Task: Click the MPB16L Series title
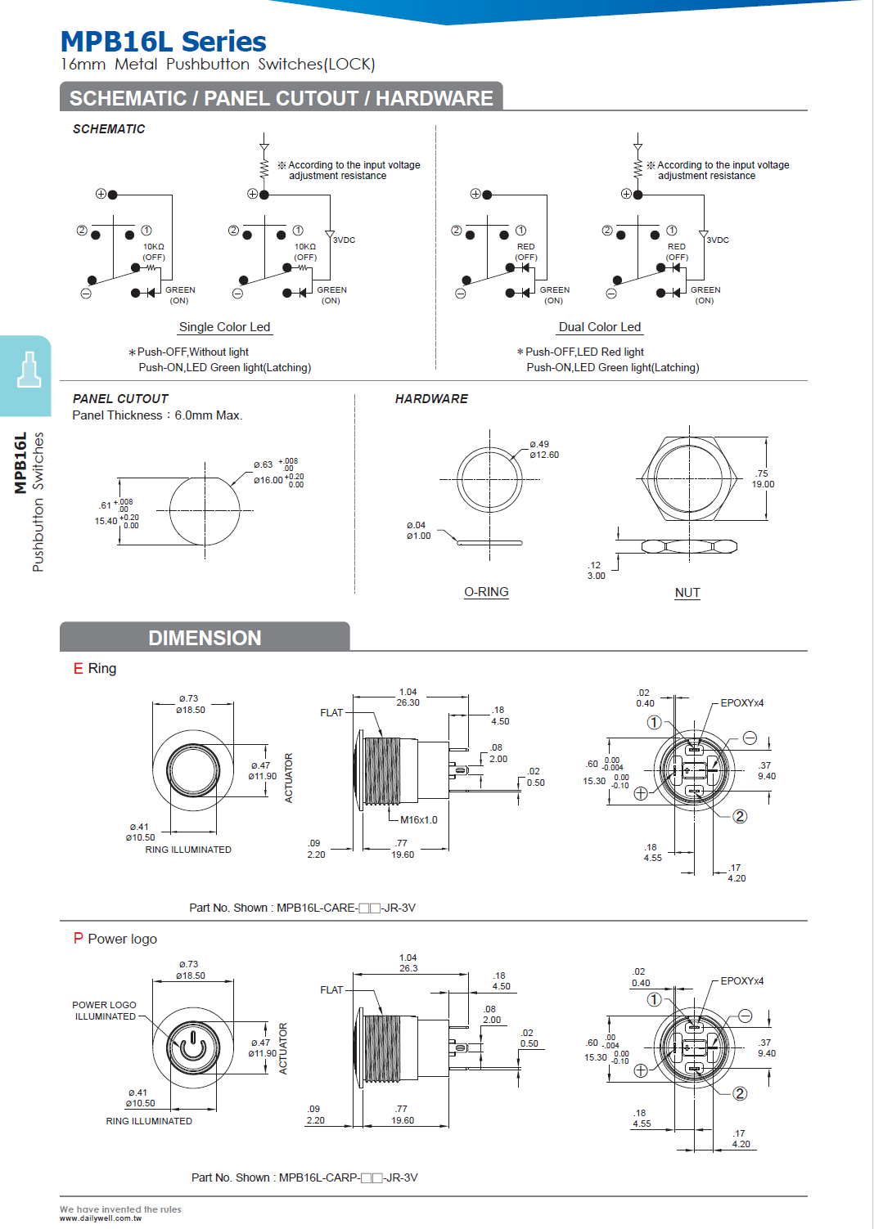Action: point(163,42)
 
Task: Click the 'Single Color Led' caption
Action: point(224,327)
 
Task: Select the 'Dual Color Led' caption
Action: point(600,327)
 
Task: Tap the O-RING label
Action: point(486,592)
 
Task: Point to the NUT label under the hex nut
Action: point(687,593)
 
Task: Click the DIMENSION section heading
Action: point(205,638)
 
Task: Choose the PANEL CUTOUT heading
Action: point(120,399)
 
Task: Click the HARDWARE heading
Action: point(431,399)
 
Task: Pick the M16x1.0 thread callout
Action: point(418,820)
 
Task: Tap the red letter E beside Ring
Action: point(79,669)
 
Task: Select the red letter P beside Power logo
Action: point(79,939)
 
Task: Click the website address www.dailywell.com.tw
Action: point(101,1218)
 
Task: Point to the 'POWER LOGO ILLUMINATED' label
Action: point(105,1011)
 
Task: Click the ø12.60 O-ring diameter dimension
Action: point(544,455)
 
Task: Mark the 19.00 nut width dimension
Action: point(763,484)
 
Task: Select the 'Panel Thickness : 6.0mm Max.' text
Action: point(157,415)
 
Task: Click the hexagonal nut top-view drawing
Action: point(688,478)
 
